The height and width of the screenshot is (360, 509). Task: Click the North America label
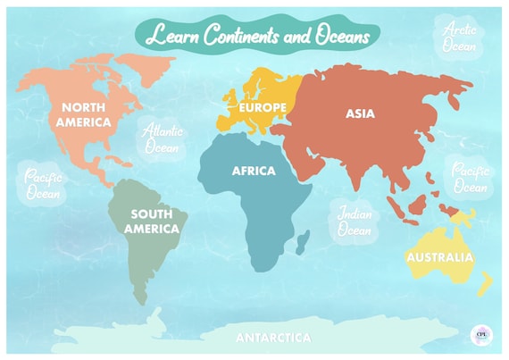[86, 113]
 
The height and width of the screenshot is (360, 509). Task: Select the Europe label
[263, 108]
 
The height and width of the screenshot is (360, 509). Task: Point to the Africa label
[254, 171]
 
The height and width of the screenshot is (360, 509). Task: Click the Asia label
[360, 113]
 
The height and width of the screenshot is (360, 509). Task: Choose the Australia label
[439, 257]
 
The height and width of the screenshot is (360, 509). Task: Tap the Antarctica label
[273, 338]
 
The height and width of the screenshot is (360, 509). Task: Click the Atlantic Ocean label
[163, 138]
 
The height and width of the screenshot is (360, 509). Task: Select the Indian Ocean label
[354, 222]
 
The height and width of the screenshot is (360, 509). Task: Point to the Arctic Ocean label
[460, 37]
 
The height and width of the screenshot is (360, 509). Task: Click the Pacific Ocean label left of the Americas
[42, 184]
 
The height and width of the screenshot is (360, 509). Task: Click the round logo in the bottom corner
[481, 334]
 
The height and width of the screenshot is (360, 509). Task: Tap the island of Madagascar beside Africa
[303, 239]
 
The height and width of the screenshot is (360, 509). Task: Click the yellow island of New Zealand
[485, 284]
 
